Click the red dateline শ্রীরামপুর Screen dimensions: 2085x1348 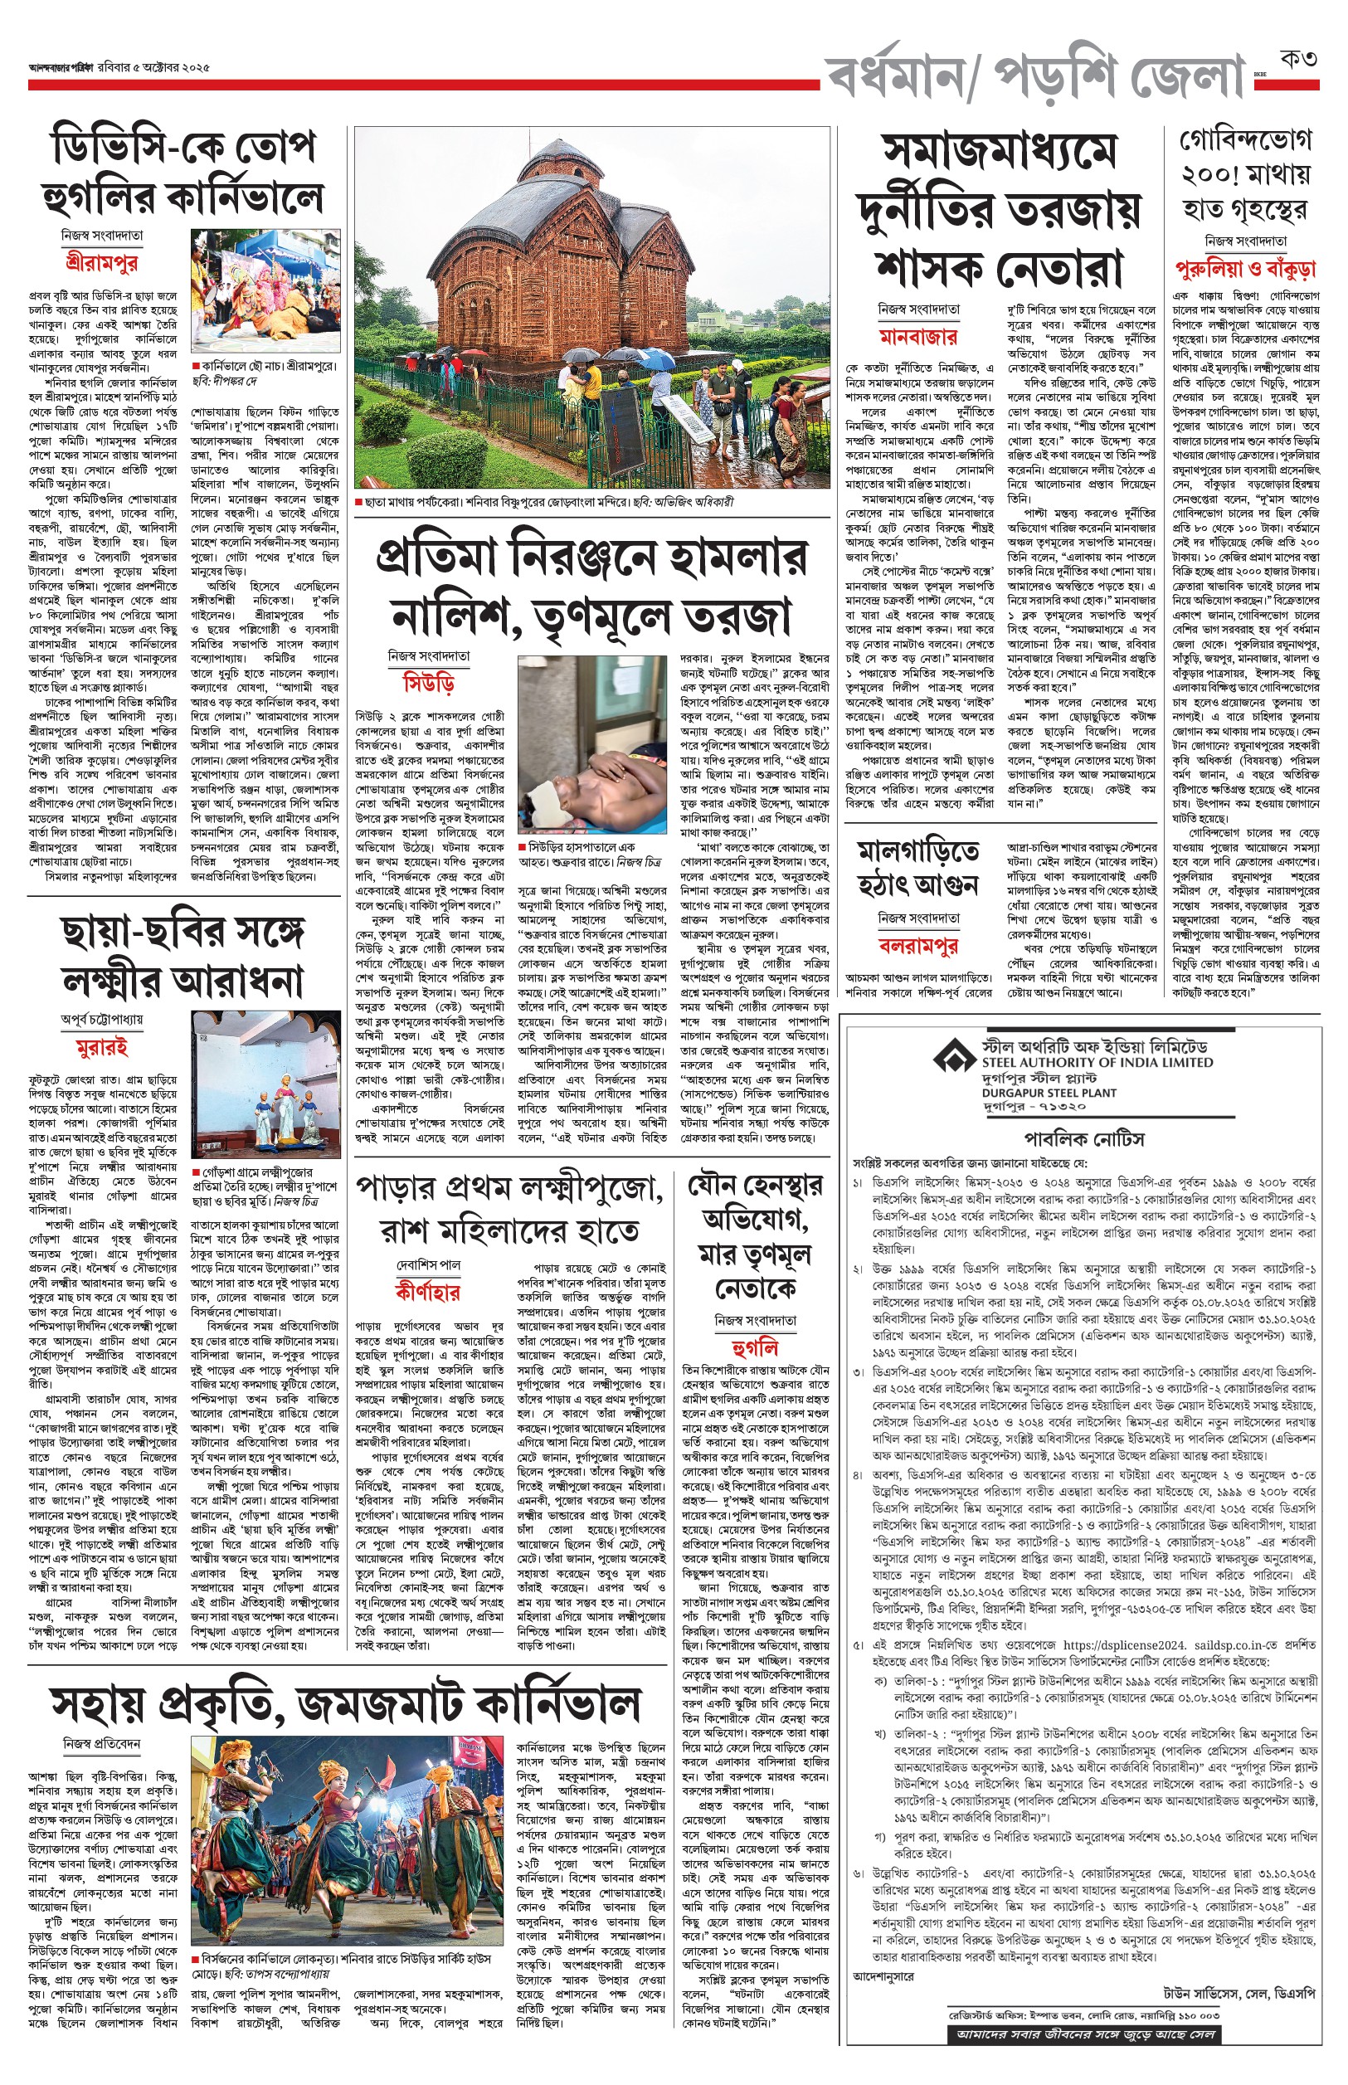pyautogui.click(x=101, y=261)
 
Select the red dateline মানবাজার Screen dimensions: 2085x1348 pyautogui.click(x=918, y=337)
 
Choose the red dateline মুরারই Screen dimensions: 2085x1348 pyautogui.click(x=102, y=1046)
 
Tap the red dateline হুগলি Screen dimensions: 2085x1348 pyautogui.click(x=755, y=1347)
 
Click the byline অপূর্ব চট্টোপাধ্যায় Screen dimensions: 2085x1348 pyautogui.click(x=102, y=1019)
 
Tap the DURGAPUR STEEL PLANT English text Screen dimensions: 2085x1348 pyautogui.click(x=1049, y=1093)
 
